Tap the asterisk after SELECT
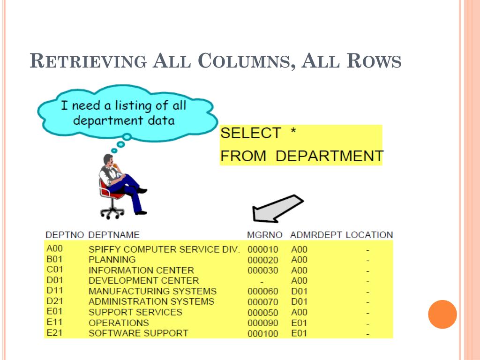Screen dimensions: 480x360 coord(292,133)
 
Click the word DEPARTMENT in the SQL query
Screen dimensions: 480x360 coord(329,156)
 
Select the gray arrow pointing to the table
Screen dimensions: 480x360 coord(277,209)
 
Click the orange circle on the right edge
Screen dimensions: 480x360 coord(442,314)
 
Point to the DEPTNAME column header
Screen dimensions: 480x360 coord(114,234)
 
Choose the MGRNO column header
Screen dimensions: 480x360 coord(265,234)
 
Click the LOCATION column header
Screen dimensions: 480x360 coord(369,234)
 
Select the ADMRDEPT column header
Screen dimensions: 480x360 coord(316,234)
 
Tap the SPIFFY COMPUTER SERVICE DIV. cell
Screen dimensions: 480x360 coord(164,249)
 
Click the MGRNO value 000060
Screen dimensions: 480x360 coord(262,292)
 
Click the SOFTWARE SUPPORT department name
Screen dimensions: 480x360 coord(138,333)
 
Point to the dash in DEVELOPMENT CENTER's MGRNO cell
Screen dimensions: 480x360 coord(262,282)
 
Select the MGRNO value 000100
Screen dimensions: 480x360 coord(262,334)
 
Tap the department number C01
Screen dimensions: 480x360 coord(54,270)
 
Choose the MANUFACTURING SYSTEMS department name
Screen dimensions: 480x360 coord(152,291)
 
